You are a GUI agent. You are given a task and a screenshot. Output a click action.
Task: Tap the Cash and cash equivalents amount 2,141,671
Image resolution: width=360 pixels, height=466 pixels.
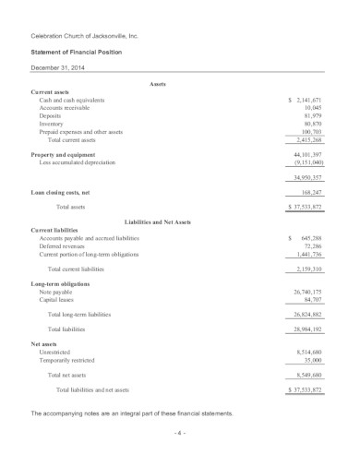coord(306,99)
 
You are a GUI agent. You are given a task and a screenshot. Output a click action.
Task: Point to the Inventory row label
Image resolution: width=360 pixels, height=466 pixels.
coord(53,123)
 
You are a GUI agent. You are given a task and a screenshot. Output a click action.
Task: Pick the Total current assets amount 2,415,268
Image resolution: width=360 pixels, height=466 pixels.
coord(306,139)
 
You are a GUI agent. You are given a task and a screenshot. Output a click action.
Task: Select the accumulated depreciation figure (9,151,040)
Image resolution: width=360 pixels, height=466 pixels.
coord(306,161)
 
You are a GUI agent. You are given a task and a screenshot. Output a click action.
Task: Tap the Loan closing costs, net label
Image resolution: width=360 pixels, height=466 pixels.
coord(64,192)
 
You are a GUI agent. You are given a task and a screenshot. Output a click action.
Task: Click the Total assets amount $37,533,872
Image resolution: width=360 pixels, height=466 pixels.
coord(303,208)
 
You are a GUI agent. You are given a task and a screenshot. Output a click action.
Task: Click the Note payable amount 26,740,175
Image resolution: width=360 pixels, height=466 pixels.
coord(305,292)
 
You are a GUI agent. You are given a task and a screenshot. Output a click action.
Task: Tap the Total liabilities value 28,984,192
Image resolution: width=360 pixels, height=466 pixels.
coord(305,329)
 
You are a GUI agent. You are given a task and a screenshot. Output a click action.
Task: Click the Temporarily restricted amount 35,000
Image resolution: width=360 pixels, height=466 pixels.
coord(312,359)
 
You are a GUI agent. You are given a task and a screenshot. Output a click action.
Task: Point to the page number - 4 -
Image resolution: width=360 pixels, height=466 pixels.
coord(179,432)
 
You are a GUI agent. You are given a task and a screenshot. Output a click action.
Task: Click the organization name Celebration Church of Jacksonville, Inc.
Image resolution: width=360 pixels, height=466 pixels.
coord(84,35)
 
